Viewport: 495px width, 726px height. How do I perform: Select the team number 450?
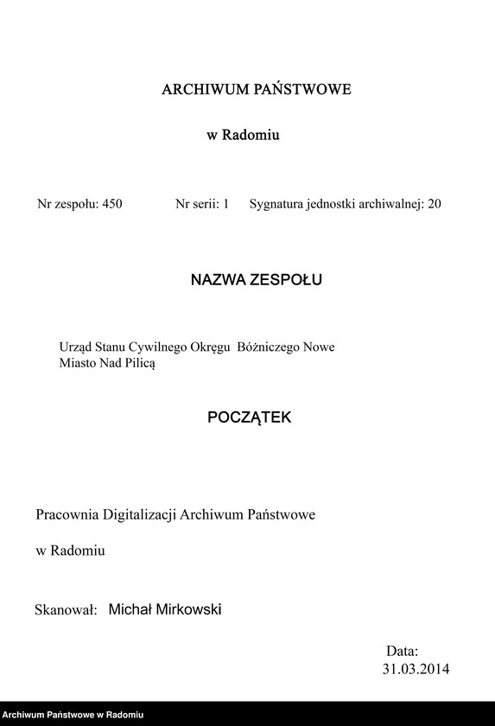coord(111,205)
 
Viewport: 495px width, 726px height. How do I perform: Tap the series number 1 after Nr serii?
coord(225,205)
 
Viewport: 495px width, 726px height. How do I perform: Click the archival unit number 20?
coord(434,205)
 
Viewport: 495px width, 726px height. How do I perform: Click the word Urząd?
coord(74,347)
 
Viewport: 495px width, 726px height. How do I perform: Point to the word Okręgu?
coord(209,347)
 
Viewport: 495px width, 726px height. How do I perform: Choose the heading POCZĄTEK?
coord(250,417)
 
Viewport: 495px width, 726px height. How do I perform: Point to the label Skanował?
coord(65,610)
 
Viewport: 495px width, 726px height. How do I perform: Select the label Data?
coord(402,651)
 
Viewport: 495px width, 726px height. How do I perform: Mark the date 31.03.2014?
coord(416,669)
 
